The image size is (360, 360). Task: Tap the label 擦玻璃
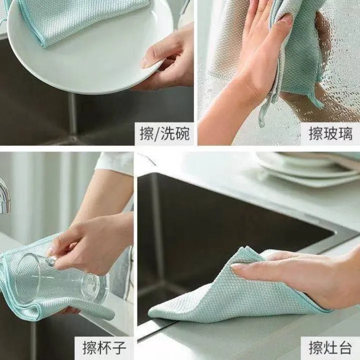click(x=330, y=133)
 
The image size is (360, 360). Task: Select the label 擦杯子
click(x=104, y=347)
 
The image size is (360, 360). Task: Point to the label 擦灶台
click(x=330, y=347)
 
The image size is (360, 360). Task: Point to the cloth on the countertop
click(x=220, y=295)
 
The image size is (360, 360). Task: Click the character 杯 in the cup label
click(x=104, y=347)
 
